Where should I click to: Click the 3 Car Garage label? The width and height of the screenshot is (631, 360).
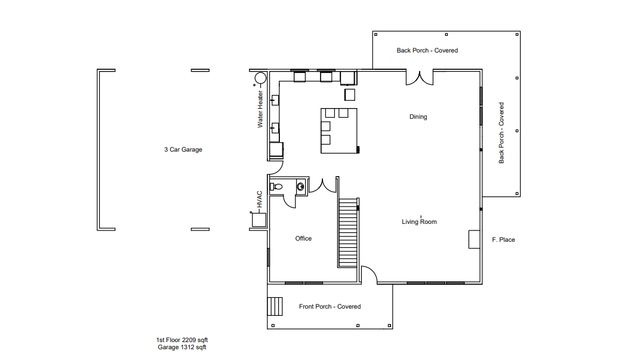pos(183,150)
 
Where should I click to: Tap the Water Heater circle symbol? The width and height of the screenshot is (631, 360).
pos(260,78)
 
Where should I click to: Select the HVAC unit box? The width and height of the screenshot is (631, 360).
pos(258,220)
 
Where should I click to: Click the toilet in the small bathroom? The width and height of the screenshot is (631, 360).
pos(276,187)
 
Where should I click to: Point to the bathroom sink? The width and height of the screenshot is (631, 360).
pos(301,187)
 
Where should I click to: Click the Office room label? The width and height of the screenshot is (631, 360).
pos(303,239)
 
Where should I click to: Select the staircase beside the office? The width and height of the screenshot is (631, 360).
pos(347,232)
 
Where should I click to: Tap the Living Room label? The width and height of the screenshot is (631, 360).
pos(419,221)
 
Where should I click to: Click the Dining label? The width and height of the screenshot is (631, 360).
pos(418,116)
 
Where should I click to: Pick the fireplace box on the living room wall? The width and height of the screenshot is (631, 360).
pos(475,239)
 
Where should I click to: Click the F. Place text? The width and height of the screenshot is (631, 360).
pos(503,240)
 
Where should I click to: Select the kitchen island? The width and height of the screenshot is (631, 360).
pos(339,131)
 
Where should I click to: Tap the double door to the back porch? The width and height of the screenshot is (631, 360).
pos(419,78)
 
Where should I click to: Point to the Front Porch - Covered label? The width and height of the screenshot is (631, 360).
pos(330,306)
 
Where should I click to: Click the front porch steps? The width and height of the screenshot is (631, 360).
pos(275,306)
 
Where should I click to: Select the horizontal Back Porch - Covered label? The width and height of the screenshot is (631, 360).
pos(427,50)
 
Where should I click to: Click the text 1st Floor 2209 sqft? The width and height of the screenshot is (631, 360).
pos(182,340)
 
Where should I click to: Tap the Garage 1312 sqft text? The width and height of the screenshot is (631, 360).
pos(182,347)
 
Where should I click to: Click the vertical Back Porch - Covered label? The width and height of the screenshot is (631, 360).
pos(501,133)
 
